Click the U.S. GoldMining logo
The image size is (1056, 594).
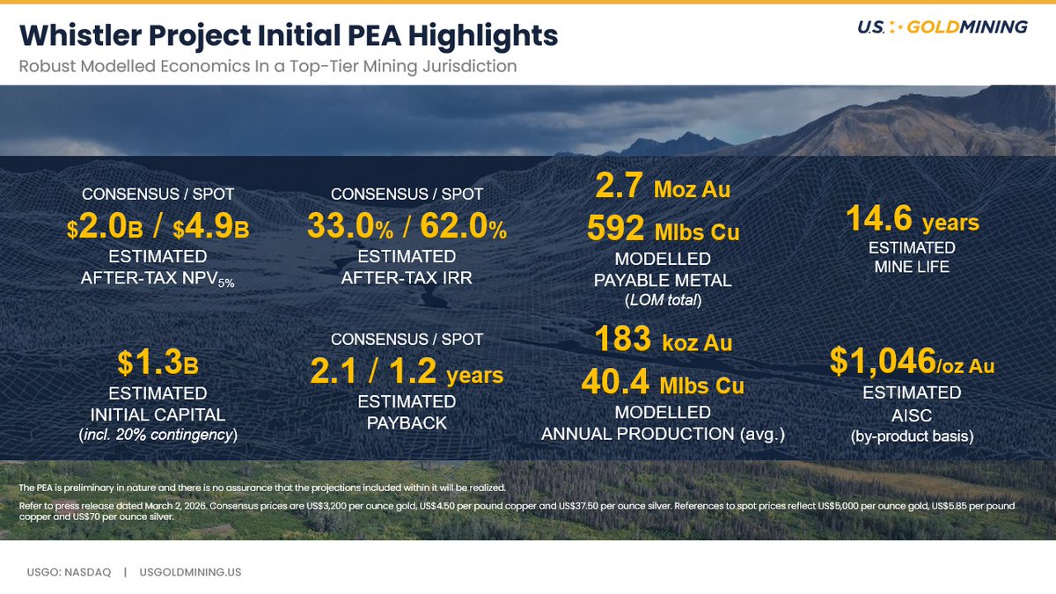pos(942,27)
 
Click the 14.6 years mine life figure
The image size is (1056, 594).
pos(912,218)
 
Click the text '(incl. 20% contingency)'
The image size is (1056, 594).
pos(158,434)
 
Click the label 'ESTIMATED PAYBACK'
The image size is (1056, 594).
pos(406,412)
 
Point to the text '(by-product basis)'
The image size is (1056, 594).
pos(912,435)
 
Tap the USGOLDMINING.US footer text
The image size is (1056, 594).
pos(191,572)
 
